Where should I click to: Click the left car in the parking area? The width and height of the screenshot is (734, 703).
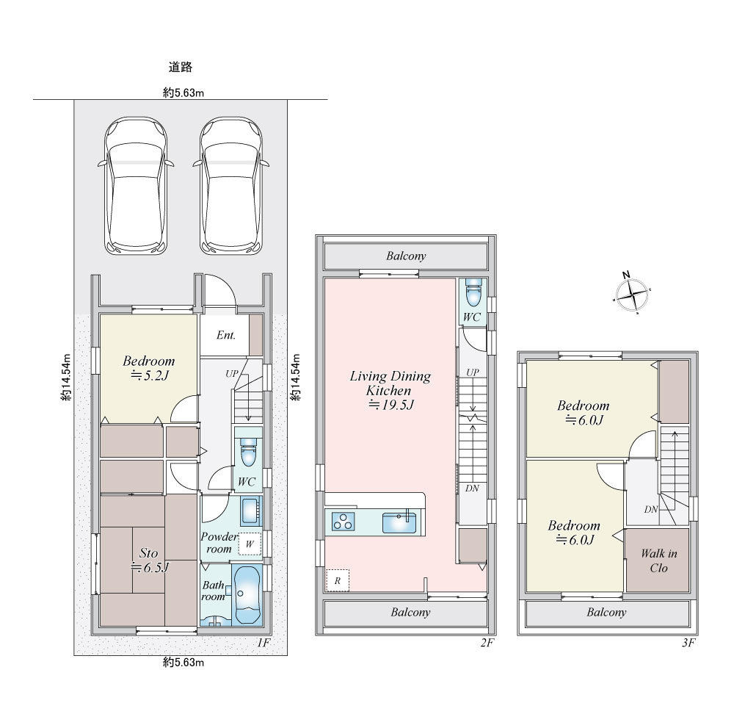136,185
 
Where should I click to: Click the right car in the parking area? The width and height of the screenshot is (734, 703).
231,185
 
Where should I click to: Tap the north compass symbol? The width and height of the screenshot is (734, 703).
632,294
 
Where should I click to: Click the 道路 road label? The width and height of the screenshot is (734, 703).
181,67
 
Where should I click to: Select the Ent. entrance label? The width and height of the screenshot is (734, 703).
225,335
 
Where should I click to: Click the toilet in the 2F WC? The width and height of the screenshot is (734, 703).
473,291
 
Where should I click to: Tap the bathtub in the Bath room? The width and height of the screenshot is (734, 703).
247,595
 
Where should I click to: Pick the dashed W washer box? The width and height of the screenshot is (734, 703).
250,544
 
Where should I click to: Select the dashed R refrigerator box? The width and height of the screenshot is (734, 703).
337,581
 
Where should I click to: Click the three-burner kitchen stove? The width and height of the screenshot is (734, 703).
343,522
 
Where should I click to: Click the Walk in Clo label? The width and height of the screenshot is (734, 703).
658,560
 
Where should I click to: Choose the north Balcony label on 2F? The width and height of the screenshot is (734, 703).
406,256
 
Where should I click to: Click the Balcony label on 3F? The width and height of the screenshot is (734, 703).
606,612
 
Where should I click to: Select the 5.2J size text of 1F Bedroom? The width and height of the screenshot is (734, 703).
149,375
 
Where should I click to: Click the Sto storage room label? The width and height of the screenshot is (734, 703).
148,552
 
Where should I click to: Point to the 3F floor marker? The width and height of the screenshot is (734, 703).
688,643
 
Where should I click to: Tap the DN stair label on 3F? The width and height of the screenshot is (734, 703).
650,510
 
